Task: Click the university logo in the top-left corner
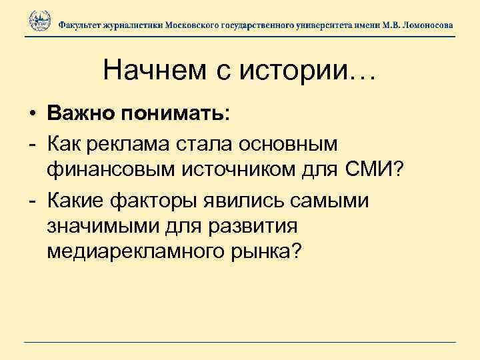39,21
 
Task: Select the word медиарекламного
137,254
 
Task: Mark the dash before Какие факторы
31,199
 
